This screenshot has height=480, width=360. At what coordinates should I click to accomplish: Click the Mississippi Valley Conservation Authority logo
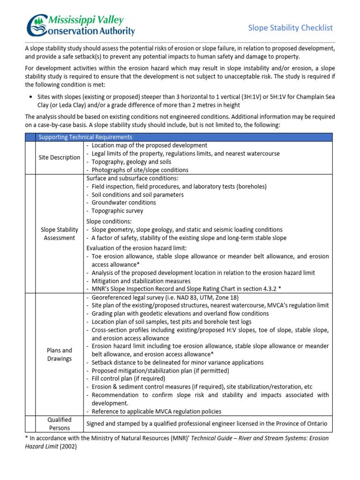[x=81, y=25]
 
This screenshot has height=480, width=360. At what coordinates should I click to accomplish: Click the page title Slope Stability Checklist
[x=290, y=28]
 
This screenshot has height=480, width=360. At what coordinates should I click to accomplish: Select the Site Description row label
[x=60, y=157]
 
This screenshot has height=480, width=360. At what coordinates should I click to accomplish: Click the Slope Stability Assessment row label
[x=60, y=233]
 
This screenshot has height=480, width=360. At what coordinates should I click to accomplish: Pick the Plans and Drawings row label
[x=60, y=354]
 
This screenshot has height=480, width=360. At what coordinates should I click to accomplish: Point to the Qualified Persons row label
[x=60, y=424]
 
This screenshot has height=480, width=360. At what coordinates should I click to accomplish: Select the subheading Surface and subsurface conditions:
[x=132, y=178]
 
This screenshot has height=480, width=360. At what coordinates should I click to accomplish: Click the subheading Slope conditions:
[x=108, y=221]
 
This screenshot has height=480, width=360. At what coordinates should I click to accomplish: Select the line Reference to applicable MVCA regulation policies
[x=157, y=411]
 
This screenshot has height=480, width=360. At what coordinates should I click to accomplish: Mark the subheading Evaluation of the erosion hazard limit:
[x=136, y=247]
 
